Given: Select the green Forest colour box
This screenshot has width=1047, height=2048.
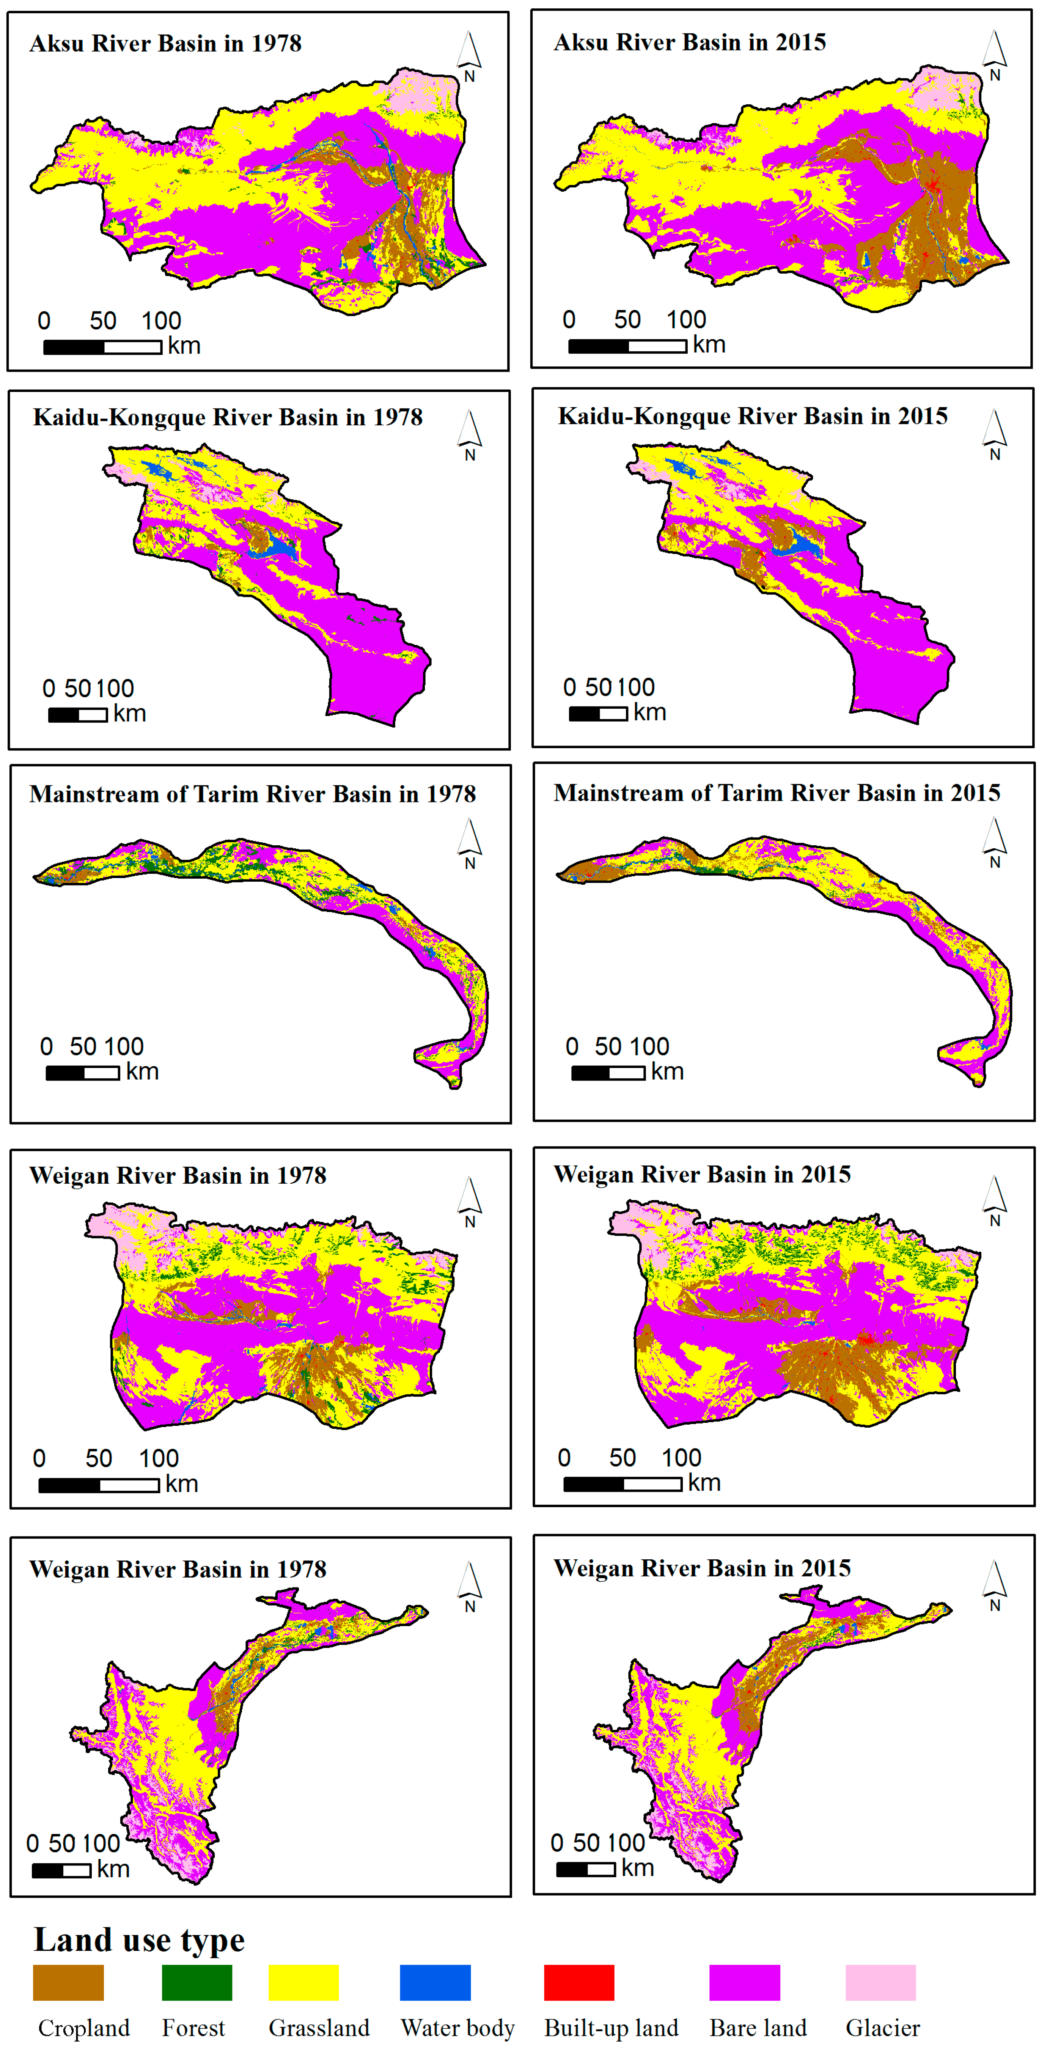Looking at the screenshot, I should click(x=197, y=1982).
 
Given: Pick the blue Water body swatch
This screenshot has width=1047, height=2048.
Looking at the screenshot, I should click(x=435, y=1982).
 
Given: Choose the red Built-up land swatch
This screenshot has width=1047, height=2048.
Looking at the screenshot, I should click(x=579, y=1982).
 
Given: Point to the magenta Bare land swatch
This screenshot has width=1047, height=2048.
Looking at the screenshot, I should click(x=744, y=1982).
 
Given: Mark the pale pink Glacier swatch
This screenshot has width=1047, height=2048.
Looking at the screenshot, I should click(x=880, y=1982).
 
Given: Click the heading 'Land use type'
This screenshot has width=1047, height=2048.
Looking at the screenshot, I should click(x=139, y=1939).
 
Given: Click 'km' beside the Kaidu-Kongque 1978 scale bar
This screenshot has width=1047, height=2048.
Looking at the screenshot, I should click(x=130, y=713).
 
